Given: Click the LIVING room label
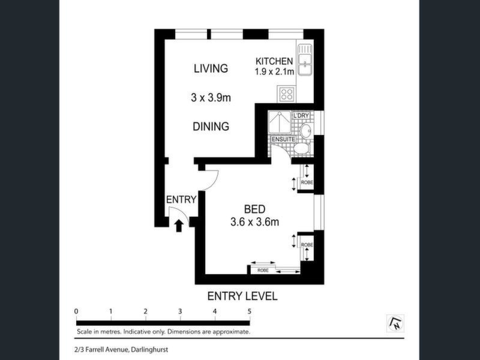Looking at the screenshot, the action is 211,68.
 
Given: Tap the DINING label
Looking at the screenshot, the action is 211,127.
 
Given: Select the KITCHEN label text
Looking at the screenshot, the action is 274,61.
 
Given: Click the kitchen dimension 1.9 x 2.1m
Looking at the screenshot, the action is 274,71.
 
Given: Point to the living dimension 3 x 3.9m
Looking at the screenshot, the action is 211,98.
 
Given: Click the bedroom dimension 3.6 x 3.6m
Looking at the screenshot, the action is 254,222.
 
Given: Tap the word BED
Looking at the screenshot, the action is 254,209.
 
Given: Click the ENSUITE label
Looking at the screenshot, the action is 283,139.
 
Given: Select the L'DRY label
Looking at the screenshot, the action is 301,116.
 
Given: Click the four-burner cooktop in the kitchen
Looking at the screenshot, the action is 286,94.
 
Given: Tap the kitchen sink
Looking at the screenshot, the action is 305,59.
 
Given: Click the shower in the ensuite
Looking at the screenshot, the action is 280,122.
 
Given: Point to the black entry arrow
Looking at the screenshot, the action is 179,226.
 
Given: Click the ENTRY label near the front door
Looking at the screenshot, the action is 181,200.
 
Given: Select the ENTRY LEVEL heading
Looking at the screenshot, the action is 242,296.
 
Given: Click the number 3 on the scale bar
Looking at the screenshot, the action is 180,311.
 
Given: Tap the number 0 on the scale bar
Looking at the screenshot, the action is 76,311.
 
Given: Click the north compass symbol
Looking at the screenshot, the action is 395,323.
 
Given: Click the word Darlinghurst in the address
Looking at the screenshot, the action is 149,349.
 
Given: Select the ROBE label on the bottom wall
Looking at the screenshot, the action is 263,271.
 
